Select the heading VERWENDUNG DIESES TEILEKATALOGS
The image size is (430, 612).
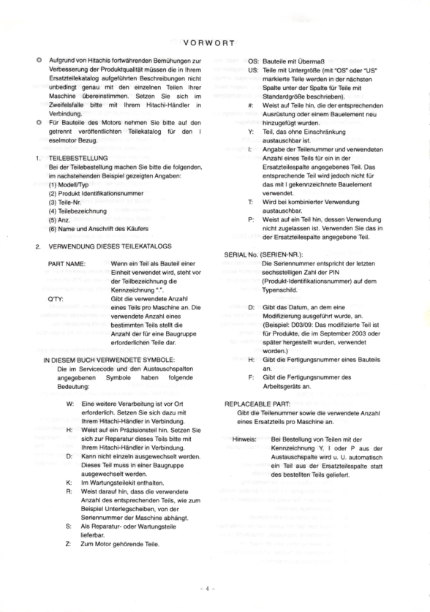(x=111, y=247)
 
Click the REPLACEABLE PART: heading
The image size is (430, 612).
(x=257, y=404)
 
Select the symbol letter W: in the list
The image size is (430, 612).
(x=69, y=404)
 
